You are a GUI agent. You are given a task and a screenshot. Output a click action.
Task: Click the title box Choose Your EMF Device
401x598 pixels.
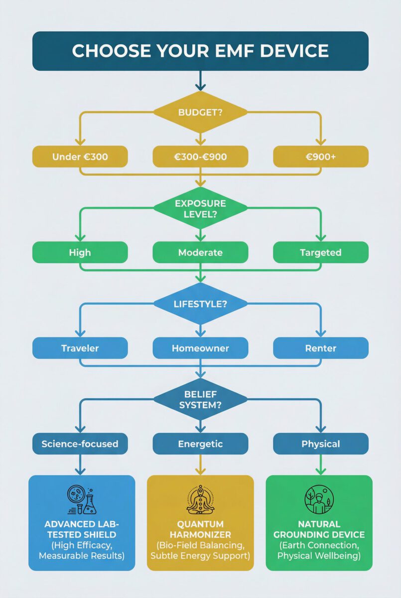point(200,51)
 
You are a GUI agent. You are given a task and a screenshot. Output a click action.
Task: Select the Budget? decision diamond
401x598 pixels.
point(200,112)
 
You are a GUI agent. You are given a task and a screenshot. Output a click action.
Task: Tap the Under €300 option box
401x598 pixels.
point(80,156)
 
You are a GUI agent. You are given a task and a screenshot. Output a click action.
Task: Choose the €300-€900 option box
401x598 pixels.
point(200,156)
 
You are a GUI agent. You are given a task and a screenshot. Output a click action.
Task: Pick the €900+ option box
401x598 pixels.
point(321,156)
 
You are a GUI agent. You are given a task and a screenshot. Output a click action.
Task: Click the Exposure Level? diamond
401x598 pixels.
point(200,208)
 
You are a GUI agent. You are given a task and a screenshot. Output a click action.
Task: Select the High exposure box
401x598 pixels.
point(80,252)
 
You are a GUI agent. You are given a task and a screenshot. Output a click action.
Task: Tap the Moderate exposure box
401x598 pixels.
point(200,252)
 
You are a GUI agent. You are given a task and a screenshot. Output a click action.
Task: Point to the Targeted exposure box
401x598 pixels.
point(321,252)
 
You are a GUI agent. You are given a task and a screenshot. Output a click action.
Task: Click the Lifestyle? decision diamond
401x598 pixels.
point(200,303)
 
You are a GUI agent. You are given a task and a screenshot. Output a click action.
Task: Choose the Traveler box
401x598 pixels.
point(80,348)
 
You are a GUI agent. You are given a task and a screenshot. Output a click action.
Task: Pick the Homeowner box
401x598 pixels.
point(200,348)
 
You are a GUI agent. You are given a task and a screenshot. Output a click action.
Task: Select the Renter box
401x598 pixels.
point(321,348)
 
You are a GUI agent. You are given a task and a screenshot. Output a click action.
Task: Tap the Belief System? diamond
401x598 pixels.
point(200,400)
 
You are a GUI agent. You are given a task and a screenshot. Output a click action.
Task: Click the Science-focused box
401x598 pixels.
point(80,444)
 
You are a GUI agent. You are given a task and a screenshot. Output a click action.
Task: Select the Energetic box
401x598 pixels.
point(200,444)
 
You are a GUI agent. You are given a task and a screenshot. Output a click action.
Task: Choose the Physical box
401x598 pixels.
point(321,444)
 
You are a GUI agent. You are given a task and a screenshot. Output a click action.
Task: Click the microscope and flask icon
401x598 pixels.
point(82,500)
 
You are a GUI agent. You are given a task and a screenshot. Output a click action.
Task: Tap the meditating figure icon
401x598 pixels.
point(200,500)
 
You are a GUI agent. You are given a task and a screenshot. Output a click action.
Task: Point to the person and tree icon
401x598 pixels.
point(319,500)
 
